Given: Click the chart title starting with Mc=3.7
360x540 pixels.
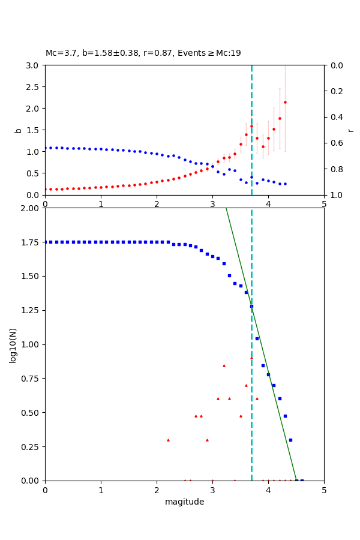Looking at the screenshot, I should point(143,53).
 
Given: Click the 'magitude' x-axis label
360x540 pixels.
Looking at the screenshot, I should point(184,502).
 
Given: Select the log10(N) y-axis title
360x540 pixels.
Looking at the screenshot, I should point(13,344).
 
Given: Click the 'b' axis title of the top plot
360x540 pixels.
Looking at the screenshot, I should point(18,130).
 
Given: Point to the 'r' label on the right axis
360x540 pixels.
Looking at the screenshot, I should point(350,130).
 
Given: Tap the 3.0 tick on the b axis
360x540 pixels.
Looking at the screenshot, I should point(34,65).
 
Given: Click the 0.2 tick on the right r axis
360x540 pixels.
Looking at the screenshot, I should point(334,91).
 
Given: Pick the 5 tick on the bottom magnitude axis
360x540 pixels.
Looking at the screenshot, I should point(324,490).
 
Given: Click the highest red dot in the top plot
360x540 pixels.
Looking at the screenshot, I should point(285,102).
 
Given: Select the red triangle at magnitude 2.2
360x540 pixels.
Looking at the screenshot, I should point(168,440).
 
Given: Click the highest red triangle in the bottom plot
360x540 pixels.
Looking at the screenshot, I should point(251,358).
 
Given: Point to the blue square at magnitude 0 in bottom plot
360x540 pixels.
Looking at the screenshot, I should point(46,242).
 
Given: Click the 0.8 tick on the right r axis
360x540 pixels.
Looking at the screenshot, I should point(334,169).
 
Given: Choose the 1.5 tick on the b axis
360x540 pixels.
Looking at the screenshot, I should point(34,130).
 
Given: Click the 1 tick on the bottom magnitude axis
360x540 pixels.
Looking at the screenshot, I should point(101,490).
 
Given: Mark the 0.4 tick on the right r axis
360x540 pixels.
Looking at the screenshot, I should point(334,117).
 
